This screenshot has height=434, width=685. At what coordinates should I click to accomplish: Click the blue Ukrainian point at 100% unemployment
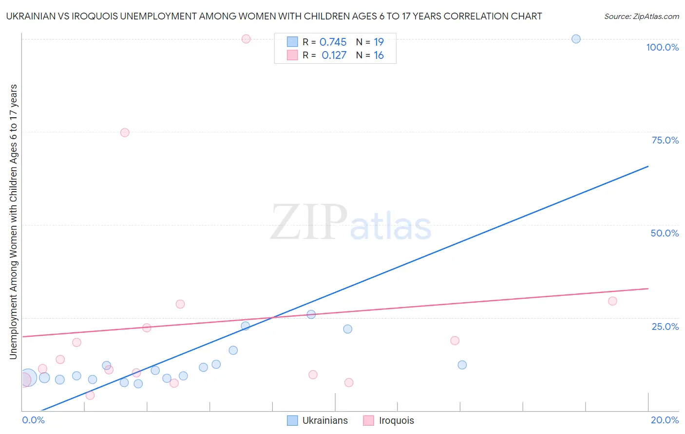[x=576, y=39]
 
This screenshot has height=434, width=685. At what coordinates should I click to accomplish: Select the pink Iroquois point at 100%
[x=246, y=39]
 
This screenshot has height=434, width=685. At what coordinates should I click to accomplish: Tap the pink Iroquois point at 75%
[x=125, y=132]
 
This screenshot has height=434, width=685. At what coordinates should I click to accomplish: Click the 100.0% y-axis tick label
[x=662, y=47]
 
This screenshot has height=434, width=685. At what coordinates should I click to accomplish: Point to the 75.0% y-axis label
[x=665, y=140]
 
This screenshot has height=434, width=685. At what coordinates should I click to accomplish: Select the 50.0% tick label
[x=665, y=233]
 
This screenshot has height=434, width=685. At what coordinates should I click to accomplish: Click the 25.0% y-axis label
[x=665, y=326]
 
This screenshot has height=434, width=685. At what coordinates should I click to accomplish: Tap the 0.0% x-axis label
[x=33, y=420]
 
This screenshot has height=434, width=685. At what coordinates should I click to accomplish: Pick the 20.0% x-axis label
[x=665, y=420]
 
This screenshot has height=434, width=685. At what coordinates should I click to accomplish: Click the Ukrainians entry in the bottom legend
[x=325, y=420]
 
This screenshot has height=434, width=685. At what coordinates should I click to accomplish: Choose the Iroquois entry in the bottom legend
[x=396, y=420]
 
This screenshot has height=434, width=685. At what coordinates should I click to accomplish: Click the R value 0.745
[x=333, y=42]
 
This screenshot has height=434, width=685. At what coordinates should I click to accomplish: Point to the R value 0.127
[x=334, y=55]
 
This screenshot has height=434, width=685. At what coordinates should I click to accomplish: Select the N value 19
[x=379, y=42]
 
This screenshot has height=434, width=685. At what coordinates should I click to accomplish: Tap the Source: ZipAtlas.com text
[x=641, y=17]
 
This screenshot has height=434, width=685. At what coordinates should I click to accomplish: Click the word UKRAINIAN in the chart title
[x=30, y=17]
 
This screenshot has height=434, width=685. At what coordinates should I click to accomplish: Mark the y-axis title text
[x=14, y=222]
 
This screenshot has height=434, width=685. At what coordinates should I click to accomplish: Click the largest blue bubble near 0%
[x=28, y=378]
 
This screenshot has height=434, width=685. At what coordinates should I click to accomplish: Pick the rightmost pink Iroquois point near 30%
[x=612, y=301]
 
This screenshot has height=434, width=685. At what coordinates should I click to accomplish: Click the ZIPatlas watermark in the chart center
[x=351, y=223]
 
